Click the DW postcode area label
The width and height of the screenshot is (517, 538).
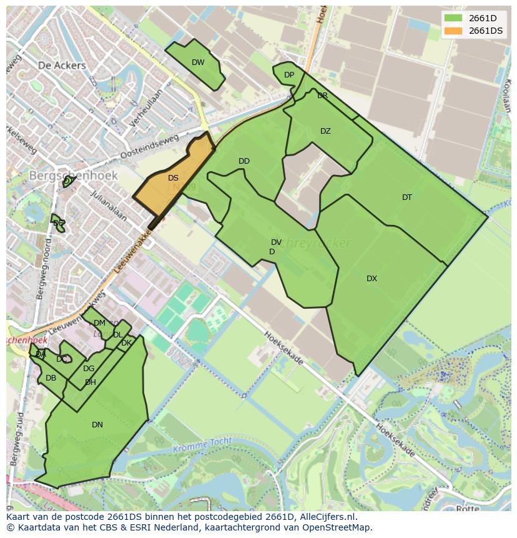198,62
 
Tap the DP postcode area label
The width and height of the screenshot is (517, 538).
289,75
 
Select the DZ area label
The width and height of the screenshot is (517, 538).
325,131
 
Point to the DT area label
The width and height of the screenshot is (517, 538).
407,197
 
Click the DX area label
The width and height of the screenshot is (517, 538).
372,279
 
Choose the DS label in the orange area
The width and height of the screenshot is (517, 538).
173,178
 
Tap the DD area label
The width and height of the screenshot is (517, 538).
244,161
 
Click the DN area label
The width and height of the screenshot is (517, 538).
97,425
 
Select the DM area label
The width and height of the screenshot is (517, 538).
99,323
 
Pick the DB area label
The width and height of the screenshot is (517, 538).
51,378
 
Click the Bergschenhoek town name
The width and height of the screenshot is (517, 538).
74,176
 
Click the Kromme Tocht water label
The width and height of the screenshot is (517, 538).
203,446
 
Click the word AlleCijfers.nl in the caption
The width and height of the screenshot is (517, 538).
327,517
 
